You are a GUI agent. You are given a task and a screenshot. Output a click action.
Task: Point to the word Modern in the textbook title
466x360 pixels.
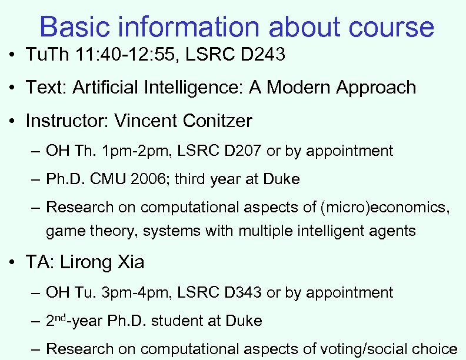pyautogui.click(x=298, y=88)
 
